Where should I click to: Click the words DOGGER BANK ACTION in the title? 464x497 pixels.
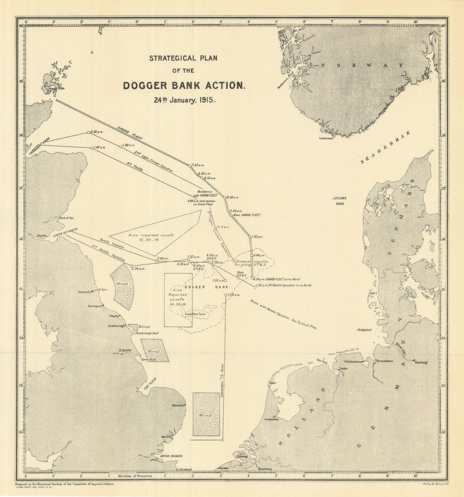click(x=184, y=86)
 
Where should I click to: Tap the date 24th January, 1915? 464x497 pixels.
click(x=184, y=100)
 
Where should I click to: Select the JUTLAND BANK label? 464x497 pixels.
click(x=339, y=200)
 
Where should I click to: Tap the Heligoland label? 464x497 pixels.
click(x=364, y=330)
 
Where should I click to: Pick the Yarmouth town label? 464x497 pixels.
click(x=178, y=405)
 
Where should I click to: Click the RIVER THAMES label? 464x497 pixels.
click(x=171, y=456)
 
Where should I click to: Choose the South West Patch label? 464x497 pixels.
click(x=195, y=314)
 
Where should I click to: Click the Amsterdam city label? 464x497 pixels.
click(x=271, y=419)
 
